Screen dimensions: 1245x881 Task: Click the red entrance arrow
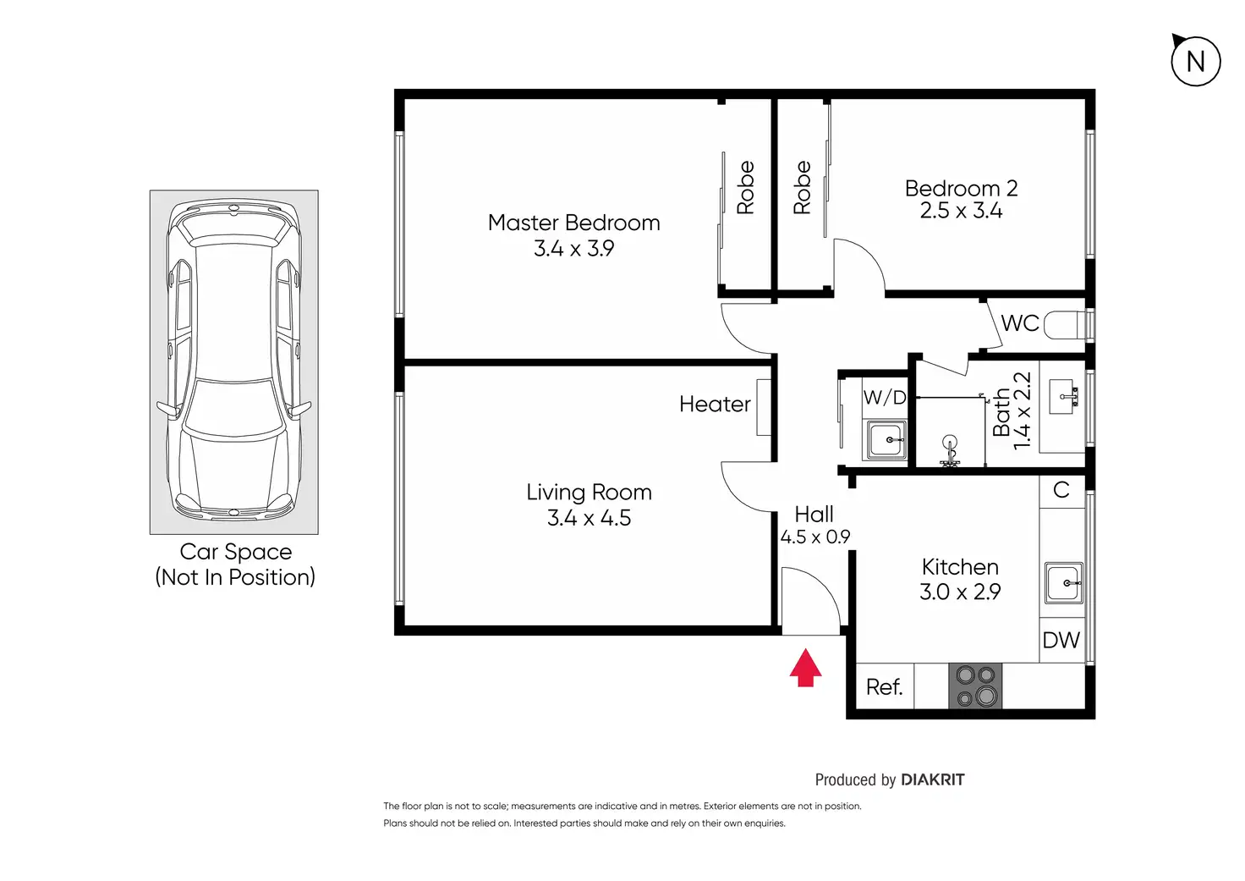point(805,668)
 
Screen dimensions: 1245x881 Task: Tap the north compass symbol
point(1196,60)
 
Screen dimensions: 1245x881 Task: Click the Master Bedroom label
point(573,223)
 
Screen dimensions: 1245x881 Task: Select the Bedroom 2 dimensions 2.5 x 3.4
point(961,211)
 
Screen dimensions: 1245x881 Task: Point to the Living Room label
point(589,493)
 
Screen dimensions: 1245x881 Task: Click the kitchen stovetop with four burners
point(975,686)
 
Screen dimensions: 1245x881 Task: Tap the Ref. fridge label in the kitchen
point(884,687)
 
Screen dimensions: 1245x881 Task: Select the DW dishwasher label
point(1061,640)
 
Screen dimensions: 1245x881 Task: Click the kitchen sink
point(1064,583)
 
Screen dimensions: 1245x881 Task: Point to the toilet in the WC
point(1064,325)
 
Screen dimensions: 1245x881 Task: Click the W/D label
point(885,397)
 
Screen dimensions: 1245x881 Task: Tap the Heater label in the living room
point(715,404)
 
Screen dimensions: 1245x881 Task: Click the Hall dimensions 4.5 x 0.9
point(814,537)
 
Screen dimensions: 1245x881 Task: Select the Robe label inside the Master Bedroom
point(745,187)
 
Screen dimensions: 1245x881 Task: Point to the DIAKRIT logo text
point(933,779)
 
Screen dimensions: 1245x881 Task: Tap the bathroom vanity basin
point(1063,397)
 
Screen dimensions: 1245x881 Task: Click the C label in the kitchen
point(1061,490)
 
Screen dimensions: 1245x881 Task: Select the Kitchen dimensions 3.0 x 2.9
point(960,592)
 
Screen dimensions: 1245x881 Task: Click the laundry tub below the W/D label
point(885,440)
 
